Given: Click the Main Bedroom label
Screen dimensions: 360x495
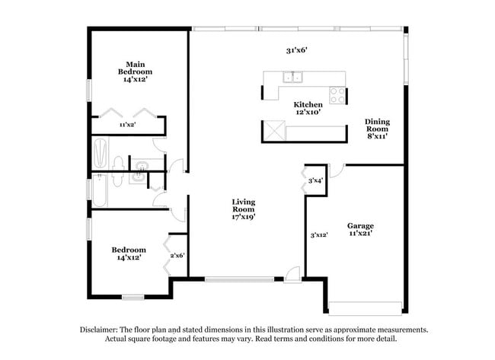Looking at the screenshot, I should coord(135,72).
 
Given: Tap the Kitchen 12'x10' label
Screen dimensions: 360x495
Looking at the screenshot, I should coord(308,108).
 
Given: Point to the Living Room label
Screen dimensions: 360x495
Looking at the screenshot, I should coord(244,209).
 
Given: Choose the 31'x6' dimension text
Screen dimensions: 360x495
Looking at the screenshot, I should coord(296,50).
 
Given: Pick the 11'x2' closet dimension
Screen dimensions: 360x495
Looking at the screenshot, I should coord(127,124).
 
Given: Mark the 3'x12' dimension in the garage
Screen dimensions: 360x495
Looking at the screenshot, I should coord(318,235).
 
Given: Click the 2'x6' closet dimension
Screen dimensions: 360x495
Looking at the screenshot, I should coord(177,256).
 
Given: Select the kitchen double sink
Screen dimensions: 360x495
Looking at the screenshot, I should coord(292,76).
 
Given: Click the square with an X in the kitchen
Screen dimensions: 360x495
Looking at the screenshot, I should coord(272,132).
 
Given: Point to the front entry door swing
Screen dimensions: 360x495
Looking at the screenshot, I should coord(292,274).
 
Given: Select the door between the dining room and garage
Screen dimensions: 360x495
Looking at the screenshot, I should coord(339,169).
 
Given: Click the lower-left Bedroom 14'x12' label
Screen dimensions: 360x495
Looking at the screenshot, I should coord(126,253).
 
